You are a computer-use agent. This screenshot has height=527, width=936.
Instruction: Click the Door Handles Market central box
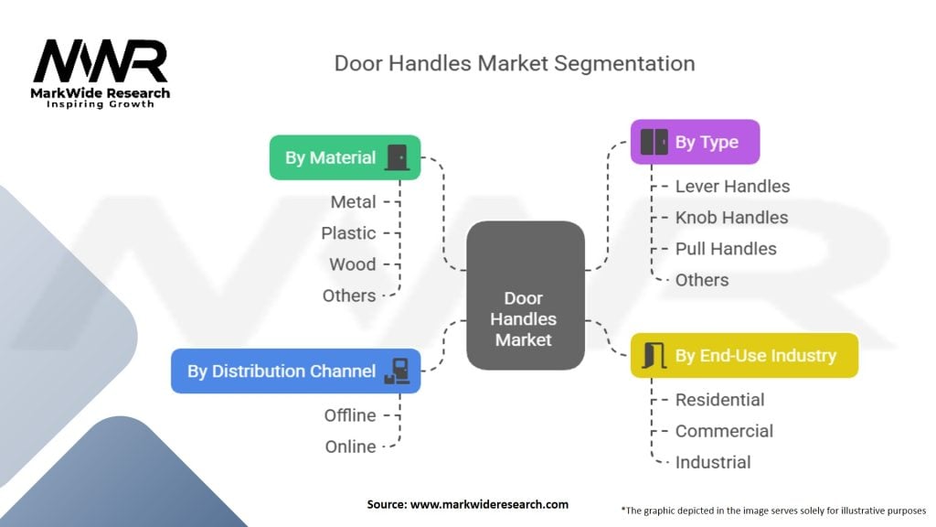click(x=525, y=296)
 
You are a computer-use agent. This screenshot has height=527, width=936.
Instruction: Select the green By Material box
click(x=345, y=157)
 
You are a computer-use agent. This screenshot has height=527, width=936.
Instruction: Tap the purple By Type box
click(x=695, y=142)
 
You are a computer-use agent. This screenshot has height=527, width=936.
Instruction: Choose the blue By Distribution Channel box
click(x=295, y=371)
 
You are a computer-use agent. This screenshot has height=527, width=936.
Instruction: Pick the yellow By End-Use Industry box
click(x=744, y=355)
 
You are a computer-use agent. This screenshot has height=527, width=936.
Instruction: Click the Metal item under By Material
click(x=353, y=201)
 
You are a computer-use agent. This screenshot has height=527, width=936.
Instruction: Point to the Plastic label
click(x=348, y=233)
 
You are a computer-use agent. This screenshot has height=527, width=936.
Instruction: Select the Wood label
click(x=352, y=264)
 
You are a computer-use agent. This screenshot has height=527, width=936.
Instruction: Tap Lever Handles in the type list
click(x=732, y=186)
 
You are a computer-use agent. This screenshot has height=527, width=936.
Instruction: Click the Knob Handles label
click(x=731, y=217)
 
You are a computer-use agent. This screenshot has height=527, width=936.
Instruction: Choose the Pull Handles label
click(x=726, y=249)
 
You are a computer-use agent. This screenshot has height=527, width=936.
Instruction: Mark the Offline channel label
click(x=350, y=415)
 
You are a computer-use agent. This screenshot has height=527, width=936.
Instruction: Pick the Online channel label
click(x=350, y=446)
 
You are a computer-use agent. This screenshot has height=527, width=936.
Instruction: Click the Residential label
click(x=719, y=400)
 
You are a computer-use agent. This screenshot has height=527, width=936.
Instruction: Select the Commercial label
click(x=724, y=431)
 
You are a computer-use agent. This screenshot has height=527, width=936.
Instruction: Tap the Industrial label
click(x=713, y=462)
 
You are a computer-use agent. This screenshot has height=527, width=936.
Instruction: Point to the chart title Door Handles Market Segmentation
click(x=515, y=63)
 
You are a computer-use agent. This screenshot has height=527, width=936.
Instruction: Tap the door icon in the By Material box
click(x=397, y=157)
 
